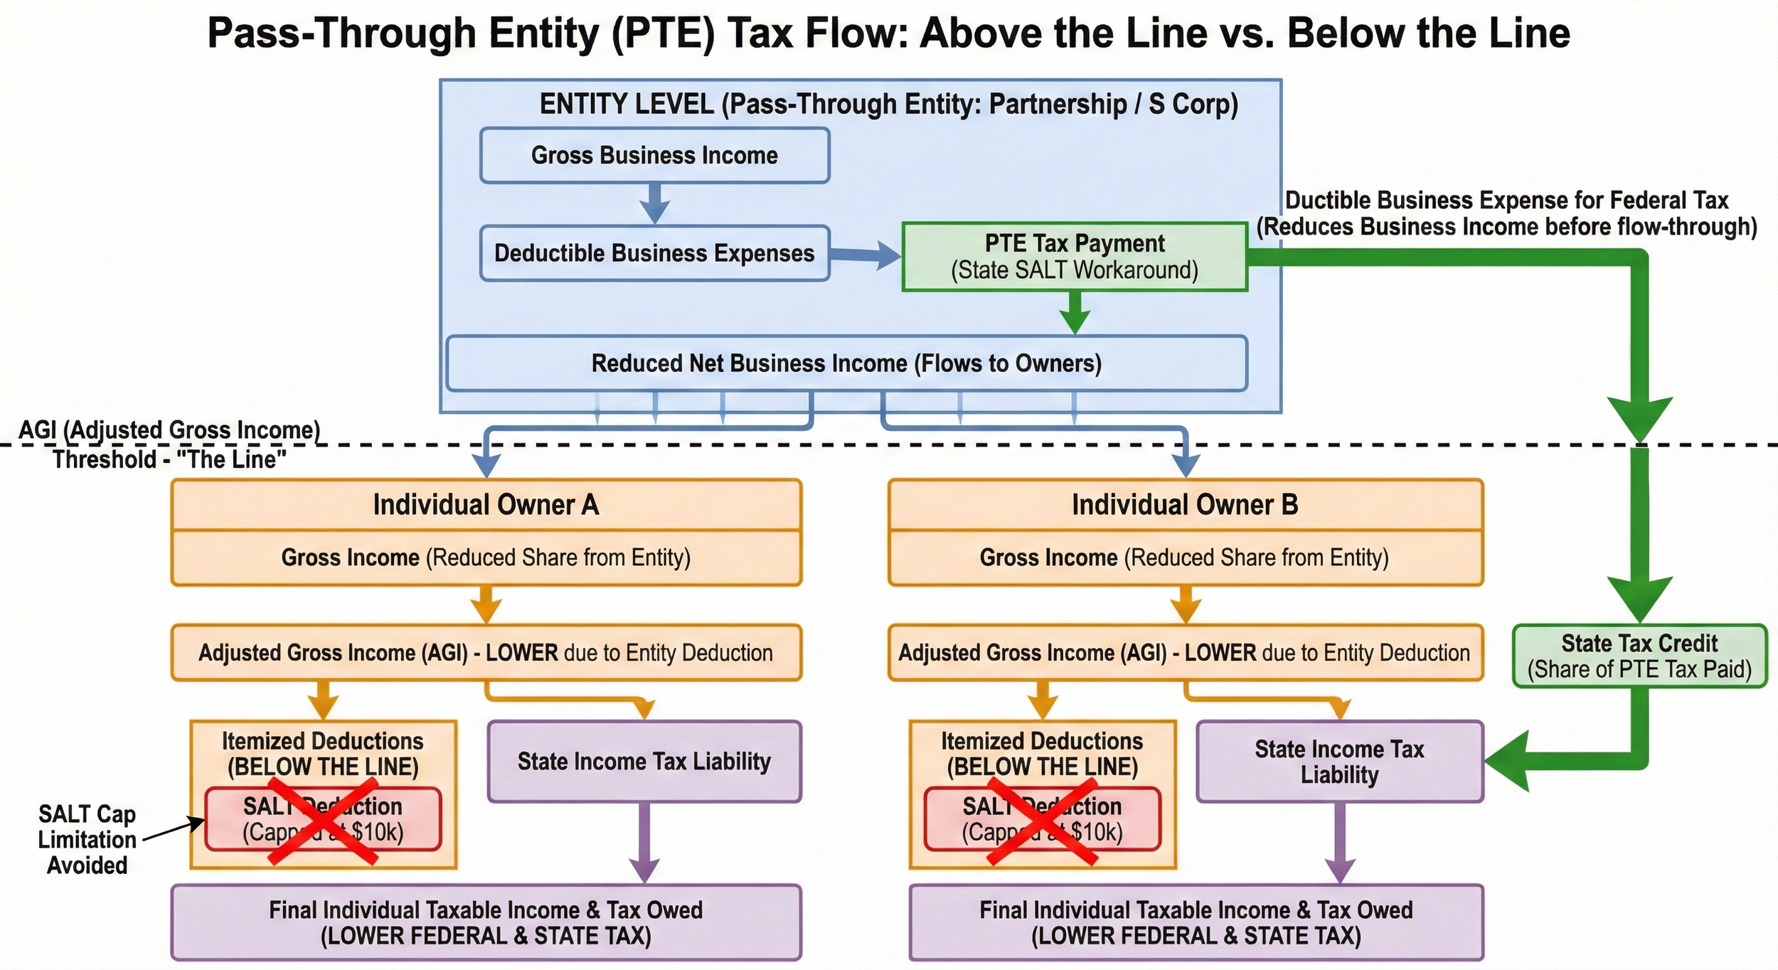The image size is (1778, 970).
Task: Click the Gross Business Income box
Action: click(x=654, y=155)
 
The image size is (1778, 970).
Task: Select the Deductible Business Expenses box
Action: click(x=654, y=253)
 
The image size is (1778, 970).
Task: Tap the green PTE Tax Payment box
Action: click(x=1074, y=257)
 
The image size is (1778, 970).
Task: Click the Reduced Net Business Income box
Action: click(x=846, y=363)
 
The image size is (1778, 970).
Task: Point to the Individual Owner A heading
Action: click(x=486, y=505)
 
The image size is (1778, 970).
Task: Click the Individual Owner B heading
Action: click(x=1185, y=505)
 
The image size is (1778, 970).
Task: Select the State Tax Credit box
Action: click(x=1639, y=656)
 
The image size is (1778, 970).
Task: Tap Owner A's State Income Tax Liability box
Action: click(x=644, y=762)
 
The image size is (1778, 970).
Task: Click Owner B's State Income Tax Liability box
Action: click(x=1339, y=762)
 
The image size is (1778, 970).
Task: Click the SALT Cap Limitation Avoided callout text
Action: click(x=87, y=839)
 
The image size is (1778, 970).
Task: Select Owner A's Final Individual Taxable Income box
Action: click(x=486, y=922)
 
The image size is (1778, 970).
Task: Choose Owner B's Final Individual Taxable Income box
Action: click(x=1196, y=922)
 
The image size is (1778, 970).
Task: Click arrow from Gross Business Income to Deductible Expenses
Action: click(x=654, y=203)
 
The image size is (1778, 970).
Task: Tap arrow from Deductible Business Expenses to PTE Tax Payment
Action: click(x=865, y=255)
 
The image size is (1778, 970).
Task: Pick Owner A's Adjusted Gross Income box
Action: click(x=486, y=653)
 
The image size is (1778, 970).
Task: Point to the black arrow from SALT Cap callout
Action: click(x=174, y=830)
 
